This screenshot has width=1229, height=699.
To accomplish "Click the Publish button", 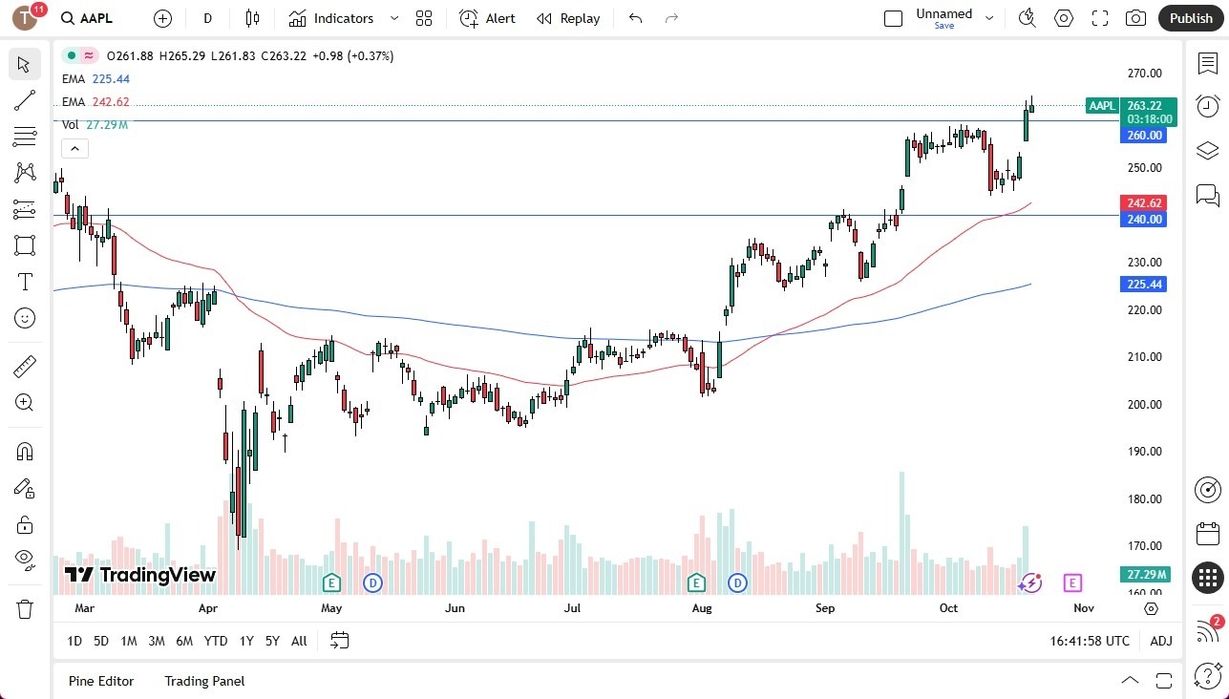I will click(x=1190, y=18).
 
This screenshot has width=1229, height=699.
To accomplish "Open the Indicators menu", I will click(x=343, y=18).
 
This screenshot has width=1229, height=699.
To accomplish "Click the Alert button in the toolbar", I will click(x=487, y=18).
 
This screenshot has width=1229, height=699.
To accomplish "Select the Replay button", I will click(x=568, y=18).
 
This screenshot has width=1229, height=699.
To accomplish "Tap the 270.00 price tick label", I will click(x=1143, y=74).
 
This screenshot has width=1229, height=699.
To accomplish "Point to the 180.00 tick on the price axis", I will click(x=1143, y=499).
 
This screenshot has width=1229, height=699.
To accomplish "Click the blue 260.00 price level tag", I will click(x=1143, y=136).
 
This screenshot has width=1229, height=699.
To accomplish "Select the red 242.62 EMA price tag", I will click(x=1143, y=203).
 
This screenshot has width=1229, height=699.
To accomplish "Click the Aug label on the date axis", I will click(x=702, y=608).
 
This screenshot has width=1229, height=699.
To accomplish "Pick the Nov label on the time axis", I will click(x=1083, y=608).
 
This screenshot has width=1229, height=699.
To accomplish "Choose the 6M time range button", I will click(x=184, y=641).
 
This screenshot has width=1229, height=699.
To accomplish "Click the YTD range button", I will click(x=216, y=641).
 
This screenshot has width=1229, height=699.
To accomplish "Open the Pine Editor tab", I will click(x=101, y=681).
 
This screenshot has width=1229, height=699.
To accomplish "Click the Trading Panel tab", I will click(x=204, y=681).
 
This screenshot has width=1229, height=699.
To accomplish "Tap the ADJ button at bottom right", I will click(x=1160, y=641).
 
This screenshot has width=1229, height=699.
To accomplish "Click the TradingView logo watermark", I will click(x=140, y=575).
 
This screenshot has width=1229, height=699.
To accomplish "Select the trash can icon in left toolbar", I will click(x=25, y=608).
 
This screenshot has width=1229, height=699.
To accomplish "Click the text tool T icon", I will click(x=25, y=282).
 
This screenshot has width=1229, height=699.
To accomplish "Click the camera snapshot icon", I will click(x=1135, y=18).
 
